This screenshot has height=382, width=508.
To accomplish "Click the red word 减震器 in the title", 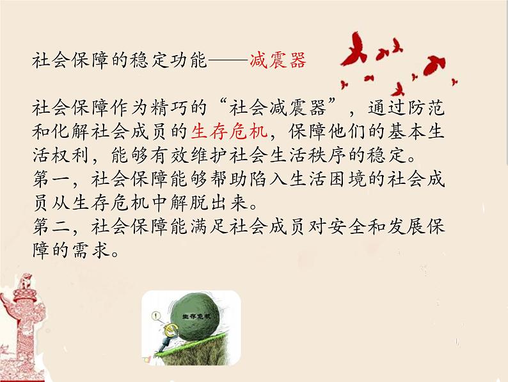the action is pos(278,60).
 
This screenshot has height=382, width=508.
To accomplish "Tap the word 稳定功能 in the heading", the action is pos(168,60).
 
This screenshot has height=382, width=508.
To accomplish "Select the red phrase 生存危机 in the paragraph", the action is pos(229,131).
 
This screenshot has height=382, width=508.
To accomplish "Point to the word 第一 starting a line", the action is pos(51,179).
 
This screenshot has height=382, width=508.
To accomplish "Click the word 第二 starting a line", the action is pos(51,226).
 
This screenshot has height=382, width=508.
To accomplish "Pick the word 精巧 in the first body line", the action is pos(168,108).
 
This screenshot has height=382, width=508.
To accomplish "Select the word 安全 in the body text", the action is pos(347,226).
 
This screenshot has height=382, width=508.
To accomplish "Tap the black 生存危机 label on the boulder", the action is pos(196,316).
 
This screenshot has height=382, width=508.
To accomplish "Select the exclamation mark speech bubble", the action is pos(157,315).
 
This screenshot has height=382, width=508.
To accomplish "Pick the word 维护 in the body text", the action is pos(207,156).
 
